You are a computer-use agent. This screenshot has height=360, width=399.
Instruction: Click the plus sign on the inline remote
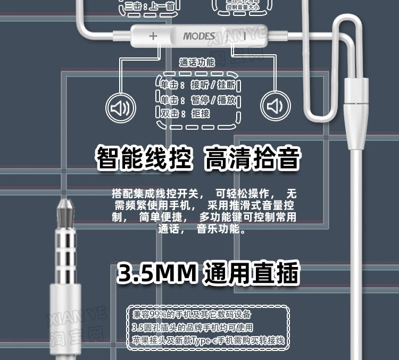tap(153, 36)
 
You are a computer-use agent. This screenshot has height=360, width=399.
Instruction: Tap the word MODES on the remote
tap(199, 37)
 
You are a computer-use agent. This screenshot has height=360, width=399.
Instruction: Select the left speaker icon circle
tap(120, 107)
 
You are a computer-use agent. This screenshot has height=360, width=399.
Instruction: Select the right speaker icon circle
tap(275, 107)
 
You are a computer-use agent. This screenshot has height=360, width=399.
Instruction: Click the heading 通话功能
tap(197, 63)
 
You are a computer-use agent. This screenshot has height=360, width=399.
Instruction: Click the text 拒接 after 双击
tap(201, 113)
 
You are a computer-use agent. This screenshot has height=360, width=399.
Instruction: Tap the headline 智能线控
tap(143, 158)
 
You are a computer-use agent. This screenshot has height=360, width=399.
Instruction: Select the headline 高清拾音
tap(253, 158)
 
